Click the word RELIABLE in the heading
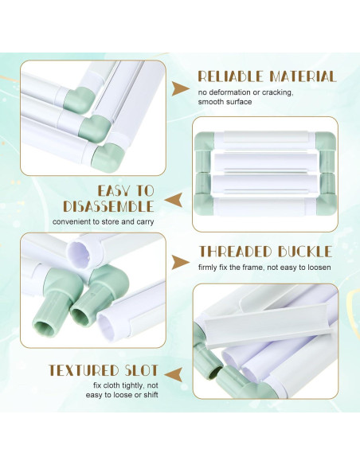(x=231, y=76)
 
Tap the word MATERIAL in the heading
(x=303, y=76)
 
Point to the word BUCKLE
(x=305, y=252)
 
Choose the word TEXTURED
(x=84, y=370)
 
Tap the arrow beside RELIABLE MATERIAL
(x=180, y=88)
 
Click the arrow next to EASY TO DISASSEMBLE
(x=174, y=199)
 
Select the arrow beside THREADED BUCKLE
(x=180, y=263)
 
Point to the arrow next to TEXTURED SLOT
(x=174, y=374)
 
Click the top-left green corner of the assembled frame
(x=205, y=141)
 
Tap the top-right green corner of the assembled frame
(x=325, y=141)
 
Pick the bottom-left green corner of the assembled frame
(x=204, y=205)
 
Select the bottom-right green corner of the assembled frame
(x=327, y=205)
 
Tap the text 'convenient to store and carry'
(x=104, y=221)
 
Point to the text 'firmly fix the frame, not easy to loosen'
(x=264, y=268)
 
